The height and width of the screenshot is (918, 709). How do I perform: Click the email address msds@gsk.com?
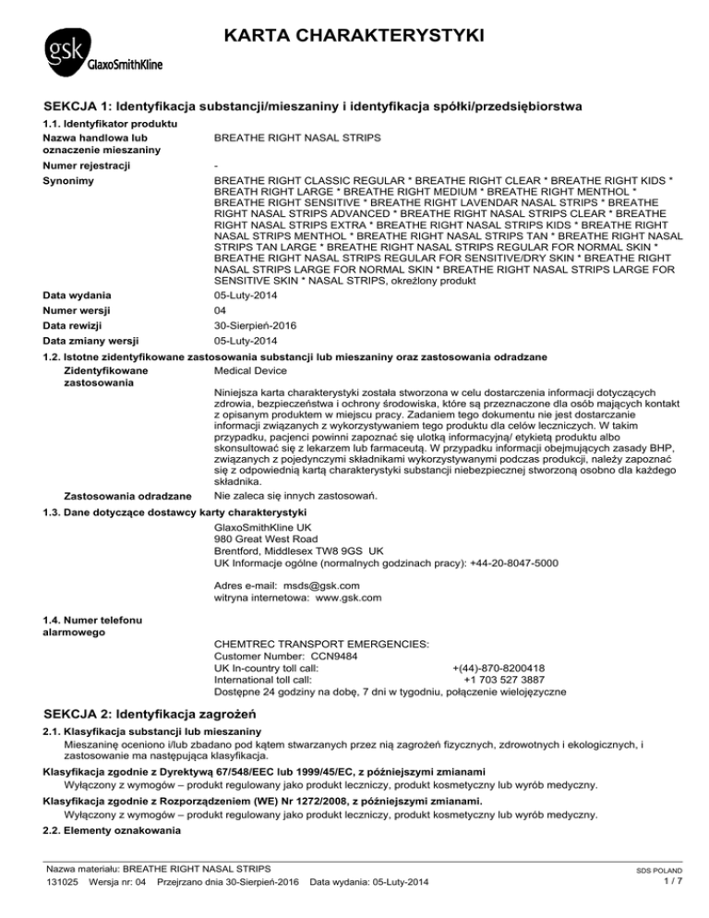tap(321, 585)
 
